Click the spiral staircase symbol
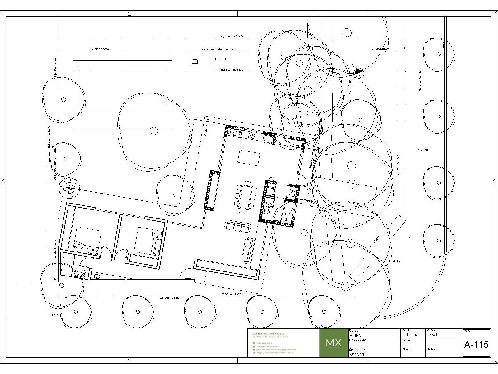(69, 189)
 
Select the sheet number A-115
(476, 345)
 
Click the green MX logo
(334, 343)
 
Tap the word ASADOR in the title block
(357, 355)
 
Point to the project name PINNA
(355, 335)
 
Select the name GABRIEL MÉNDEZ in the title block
(268, 333)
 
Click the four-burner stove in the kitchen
(237, 134)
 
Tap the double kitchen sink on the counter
(252, 135)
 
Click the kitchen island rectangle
(249, 158)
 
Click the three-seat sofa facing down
(237, 227)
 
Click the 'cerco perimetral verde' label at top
(216, 49)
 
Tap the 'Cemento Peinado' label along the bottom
(169, 298)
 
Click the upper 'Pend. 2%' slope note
(422, 150)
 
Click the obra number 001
(434, 335)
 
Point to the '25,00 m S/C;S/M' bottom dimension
(233, 294)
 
